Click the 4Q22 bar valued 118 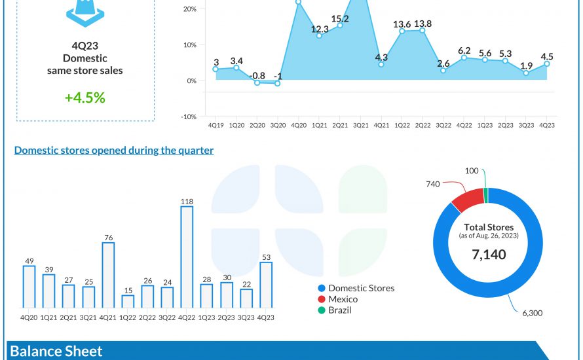[x=187, y=257]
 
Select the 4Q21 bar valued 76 [x=108, y=275]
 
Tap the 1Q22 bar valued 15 [x=128, y=301]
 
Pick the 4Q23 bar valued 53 [x=266, y=285]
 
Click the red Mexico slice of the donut [x=467, y=200]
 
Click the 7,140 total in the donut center [x=489, y=255]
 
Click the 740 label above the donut [x=432, y=185]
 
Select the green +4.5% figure [x=85, y=98]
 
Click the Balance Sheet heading [x=56, y=351]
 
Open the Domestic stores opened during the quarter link [x=114, y=151]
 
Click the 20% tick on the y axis [x=191, y=9]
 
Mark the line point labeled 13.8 [x=423, y=30]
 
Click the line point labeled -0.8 [x=257, y=82]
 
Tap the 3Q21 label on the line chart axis [x=360, y=125]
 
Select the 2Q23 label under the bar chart [x=226, y=317]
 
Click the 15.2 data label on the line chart [x=340, y=19]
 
